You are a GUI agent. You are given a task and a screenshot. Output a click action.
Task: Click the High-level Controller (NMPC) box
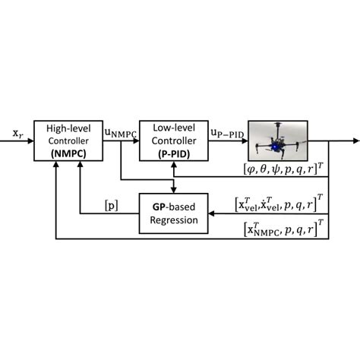tap(69, 141)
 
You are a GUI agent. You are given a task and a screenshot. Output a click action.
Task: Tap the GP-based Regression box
tap(175, 213)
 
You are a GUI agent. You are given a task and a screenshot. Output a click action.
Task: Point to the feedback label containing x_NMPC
tap(278, 227)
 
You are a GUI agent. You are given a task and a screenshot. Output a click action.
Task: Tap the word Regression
tap(175, 220)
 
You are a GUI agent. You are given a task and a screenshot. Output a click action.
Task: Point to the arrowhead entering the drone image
tap(248, 141)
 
